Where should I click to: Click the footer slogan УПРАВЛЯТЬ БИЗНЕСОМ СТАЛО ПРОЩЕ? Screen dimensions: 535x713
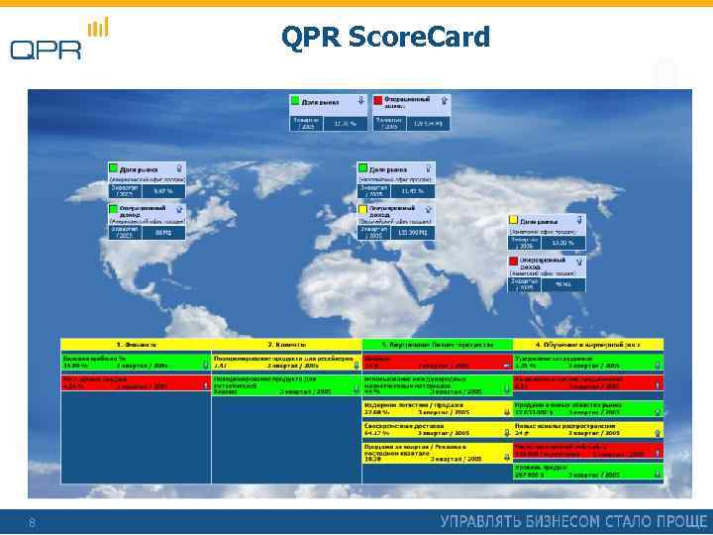point(573,521)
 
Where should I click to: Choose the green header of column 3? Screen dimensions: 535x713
point(437,344)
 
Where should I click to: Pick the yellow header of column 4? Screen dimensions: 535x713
point(587,344)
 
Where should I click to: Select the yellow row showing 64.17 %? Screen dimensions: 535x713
point(437,430)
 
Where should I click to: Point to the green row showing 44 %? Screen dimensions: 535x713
point(437,384)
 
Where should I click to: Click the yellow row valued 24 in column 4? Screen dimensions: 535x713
point(587,430)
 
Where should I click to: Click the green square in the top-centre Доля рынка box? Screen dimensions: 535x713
point(295,100)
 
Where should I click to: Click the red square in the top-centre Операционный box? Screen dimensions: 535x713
point(377,100)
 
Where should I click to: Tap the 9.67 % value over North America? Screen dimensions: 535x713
point(163,190)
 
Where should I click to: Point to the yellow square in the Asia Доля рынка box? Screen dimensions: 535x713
point(513,220)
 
